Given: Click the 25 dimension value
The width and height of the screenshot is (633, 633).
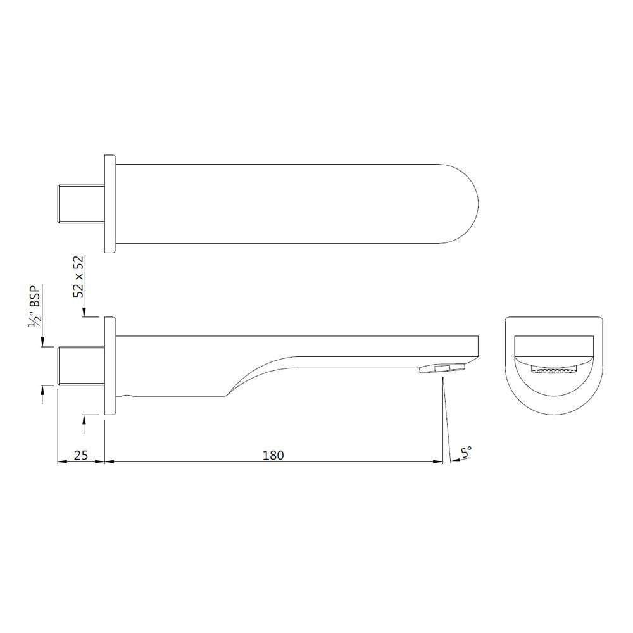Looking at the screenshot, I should [x=80, y=454].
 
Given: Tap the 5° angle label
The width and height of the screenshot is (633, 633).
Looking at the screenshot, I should [x=467, y=452].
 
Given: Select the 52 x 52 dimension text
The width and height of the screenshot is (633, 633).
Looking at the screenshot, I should [x=78, y=277].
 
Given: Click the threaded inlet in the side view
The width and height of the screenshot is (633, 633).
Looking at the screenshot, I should [x=80, y=366].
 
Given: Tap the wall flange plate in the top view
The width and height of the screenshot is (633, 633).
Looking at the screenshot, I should [x=110, y=203].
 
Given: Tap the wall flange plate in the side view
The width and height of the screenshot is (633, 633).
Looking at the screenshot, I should [x=110, y=366].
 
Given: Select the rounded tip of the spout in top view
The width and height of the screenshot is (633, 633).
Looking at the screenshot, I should [x=465, y=203].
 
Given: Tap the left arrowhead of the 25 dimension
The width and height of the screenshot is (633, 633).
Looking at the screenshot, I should [x=61, y=461].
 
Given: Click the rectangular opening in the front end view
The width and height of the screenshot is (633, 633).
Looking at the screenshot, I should [x=553, y=349].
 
